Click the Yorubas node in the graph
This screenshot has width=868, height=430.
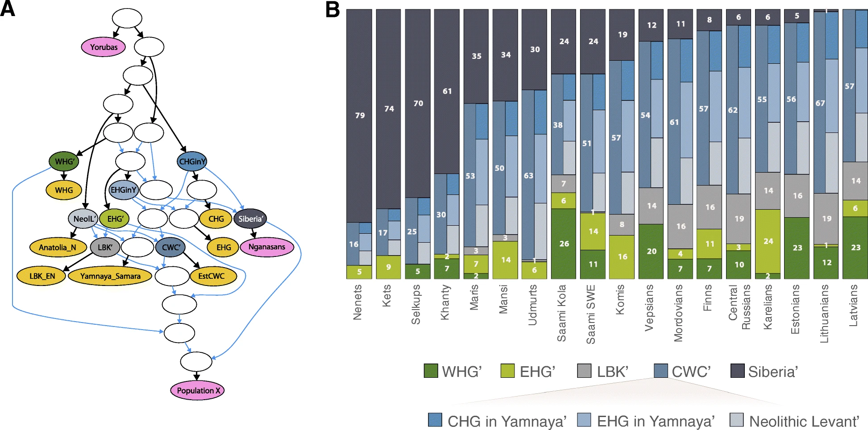coord(104,47)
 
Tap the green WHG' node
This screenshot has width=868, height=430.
coord(64,161)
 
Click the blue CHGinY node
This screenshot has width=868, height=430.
coord(192,161)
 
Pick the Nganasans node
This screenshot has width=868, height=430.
coord(266,247)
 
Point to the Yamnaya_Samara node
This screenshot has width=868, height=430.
coord(110,276)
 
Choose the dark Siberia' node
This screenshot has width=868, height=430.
coord(250,219)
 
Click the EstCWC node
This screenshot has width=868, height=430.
coord(212,276)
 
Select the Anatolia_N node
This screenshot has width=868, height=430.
coord(57,248)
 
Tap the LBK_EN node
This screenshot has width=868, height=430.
coord(42,276)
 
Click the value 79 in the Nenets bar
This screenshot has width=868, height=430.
coord(360,116)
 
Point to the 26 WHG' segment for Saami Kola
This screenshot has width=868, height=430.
coord(564,244)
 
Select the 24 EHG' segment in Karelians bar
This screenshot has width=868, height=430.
coord(768,241)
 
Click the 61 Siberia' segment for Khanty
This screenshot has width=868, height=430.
coord(447,91)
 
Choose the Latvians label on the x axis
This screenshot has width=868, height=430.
coord(853,306)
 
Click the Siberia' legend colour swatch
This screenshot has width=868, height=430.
coord(737,371)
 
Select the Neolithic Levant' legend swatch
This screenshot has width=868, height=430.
coord(736,420)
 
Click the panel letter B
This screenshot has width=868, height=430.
coord(332,10)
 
